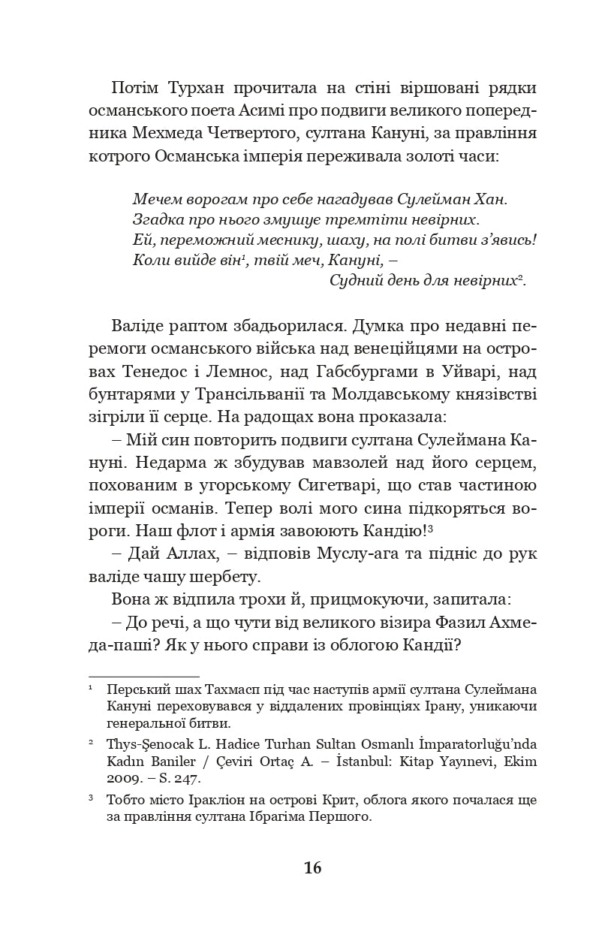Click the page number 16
(313, 868)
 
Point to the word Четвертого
(259, 134)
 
